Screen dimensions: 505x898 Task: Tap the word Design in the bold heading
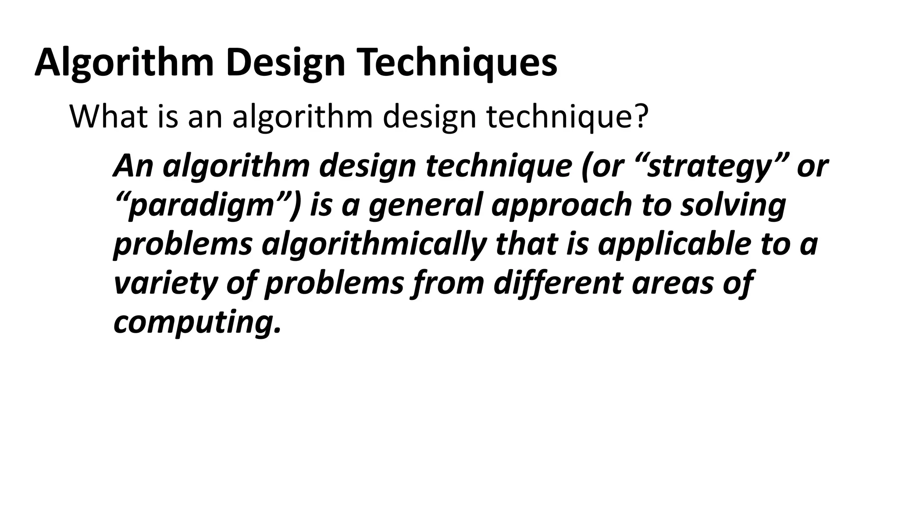(x=285, y=62)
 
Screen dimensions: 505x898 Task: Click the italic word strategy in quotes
(x=709, y=167)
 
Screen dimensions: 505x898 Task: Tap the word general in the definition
(x=426, y=205)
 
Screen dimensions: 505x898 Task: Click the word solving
(x=733, y=205)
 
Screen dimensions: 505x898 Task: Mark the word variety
(x=165, y=282)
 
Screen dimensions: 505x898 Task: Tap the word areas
(x=671, y=282)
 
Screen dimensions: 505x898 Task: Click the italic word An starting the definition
(x=133, y=167)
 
